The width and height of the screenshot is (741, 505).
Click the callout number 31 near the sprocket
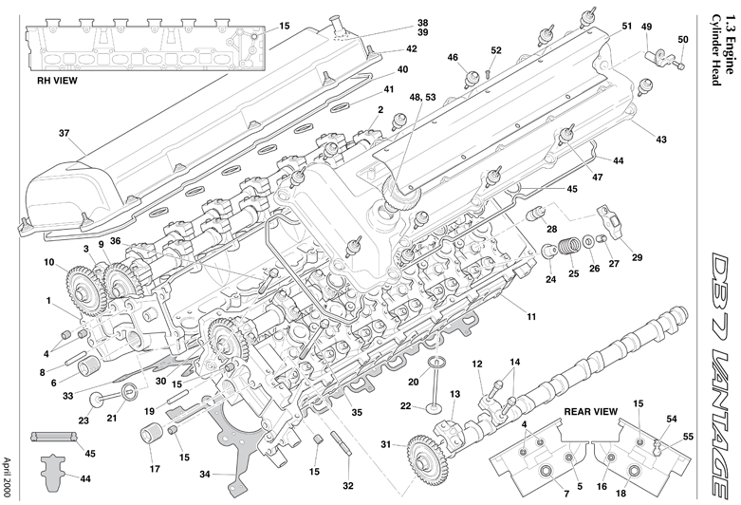[x=386, y=444]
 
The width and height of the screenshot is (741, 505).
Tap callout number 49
[x=646, y=27]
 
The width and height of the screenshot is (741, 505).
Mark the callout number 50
[x=683, y=39]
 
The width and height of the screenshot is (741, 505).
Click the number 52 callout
[x=496, y=50]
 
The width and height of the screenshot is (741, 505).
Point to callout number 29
[x=636, y=257]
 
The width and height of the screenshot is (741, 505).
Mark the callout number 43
[x=661, y=140]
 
